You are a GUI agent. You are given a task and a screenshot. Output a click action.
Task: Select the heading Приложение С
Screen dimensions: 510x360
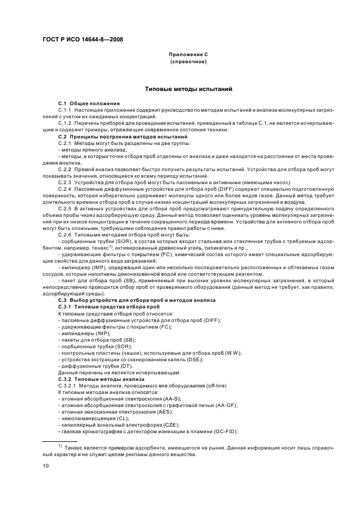tap(188, 55)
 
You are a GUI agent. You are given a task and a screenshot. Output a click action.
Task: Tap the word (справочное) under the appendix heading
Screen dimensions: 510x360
tap(188, 62)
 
